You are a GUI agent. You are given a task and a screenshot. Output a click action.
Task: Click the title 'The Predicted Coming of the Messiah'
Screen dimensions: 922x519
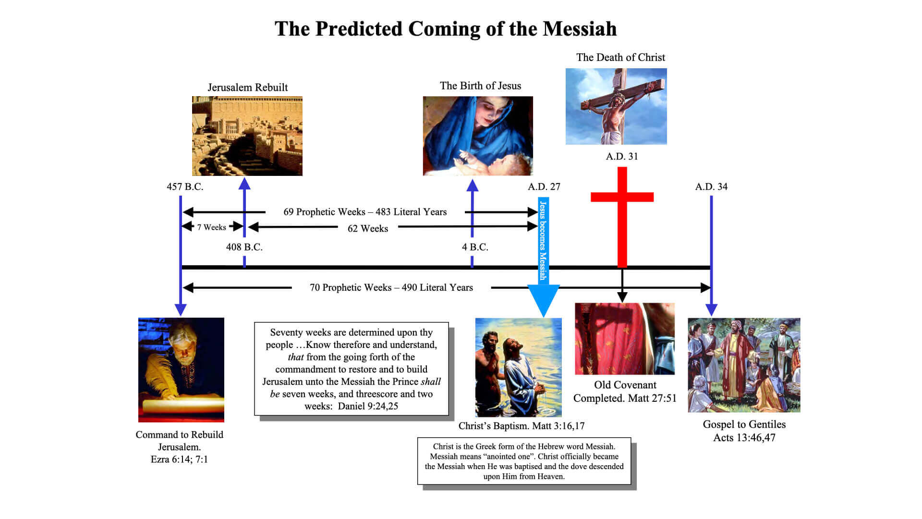point(446,29)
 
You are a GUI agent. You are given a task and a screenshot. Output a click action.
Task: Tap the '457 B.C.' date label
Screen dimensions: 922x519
point(185,186)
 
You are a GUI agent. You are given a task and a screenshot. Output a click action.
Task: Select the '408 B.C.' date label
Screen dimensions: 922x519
point(244,247)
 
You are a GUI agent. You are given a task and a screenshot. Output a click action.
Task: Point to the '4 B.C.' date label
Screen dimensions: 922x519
point(475,247)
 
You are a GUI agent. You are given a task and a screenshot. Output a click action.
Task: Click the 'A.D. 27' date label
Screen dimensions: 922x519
point(544,186)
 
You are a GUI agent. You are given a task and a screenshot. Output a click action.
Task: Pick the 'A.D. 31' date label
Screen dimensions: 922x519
point(622,156)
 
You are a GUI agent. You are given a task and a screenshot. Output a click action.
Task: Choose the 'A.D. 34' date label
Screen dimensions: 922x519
point(711,186)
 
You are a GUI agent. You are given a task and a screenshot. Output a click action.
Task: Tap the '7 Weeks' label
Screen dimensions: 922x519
point(211,227)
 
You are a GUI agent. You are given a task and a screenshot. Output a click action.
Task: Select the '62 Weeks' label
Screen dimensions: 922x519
point(368,228)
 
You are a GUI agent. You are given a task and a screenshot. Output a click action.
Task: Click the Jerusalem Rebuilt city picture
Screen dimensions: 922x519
point(247,136)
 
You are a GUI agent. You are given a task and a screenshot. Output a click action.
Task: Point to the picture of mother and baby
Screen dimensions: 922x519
point(478,136)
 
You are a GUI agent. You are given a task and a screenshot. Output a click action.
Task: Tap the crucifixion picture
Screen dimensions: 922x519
point(616,106)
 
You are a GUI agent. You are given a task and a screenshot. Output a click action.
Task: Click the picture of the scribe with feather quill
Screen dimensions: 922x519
point(181,370)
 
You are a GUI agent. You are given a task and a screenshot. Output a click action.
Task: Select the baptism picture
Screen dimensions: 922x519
point(519,368)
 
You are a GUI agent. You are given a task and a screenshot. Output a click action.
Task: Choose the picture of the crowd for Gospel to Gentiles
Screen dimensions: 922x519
point(744,365)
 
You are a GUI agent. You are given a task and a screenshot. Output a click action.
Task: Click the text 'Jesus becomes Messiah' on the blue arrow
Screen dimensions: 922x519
point(543,240)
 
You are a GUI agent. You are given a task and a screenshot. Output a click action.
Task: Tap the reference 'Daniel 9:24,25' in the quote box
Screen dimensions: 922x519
point(368,406)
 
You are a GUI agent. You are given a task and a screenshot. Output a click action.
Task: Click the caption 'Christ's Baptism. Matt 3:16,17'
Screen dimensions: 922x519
point(522,426)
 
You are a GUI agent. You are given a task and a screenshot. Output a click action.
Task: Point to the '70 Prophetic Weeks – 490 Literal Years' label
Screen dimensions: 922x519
point(391,287)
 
